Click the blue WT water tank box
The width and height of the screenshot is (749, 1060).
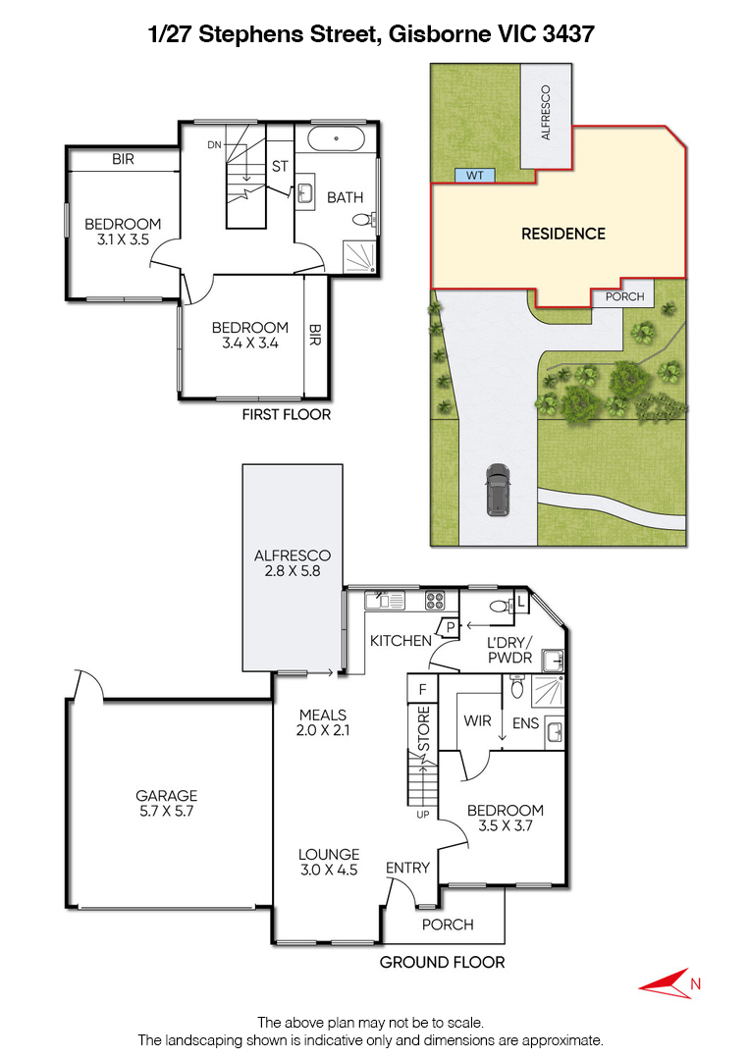coord(474,175)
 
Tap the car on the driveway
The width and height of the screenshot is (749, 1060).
coord(498,490)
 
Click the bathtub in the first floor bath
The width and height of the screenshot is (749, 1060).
coord(337,139)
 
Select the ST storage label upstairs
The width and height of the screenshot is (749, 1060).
coord(280,166)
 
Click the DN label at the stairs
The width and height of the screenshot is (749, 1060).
coord(214,144)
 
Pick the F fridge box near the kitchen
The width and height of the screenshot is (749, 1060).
coord(422,690)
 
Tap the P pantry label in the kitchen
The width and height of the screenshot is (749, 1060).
coord(451,627)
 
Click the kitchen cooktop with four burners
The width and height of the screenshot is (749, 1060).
coord(435,601)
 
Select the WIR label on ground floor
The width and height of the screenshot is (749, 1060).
coord(477,720)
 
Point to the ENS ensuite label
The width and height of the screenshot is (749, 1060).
coord(525,723)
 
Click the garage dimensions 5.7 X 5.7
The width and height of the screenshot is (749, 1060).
coord(166,812)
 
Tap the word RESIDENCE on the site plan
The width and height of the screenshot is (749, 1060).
coord(563,234)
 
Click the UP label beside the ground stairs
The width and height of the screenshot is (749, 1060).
coord(422,815)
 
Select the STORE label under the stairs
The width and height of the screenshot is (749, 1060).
coord(424,728)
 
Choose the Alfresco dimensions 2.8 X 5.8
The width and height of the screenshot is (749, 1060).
coord(292,570)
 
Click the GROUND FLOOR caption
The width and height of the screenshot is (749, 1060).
coord(442,962)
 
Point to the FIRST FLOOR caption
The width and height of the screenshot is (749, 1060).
coord(287,414)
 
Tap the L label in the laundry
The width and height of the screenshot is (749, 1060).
coord(521,601)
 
